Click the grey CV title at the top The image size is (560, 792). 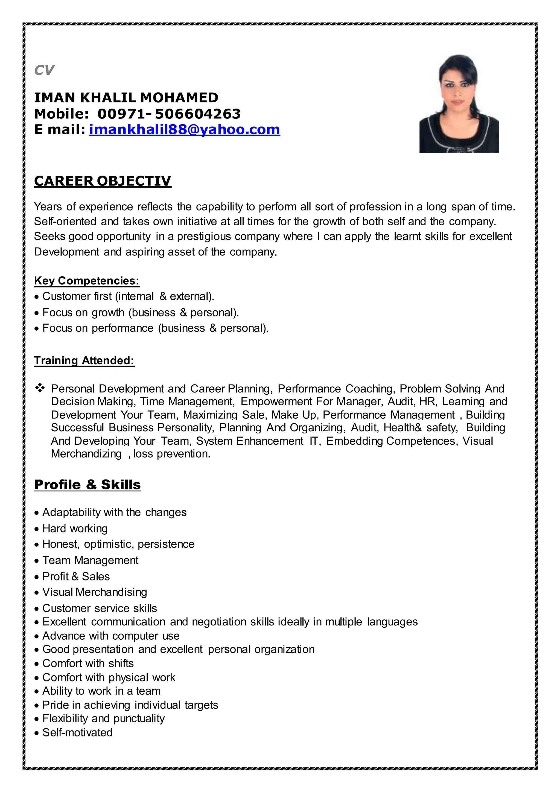tap(44, 70)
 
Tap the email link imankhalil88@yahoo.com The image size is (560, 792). tap(185, 130)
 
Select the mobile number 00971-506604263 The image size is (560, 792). tap(169, 114)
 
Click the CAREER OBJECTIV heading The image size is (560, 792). tap(103, 181)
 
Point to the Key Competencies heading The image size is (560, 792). tap(87, 281)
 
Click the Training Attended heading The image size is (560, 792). tap(84, 360)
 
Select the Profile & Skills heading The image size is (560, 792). tap(87, 485)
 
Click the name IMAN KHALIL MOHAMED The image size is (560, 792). tap(126, 98)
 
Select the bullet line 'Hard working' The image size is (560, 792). tap(75, 528)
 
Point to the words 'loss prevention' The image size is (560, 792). tap(171, 454)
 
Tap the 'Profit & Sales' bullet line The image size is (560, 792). tap(76, 576)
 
